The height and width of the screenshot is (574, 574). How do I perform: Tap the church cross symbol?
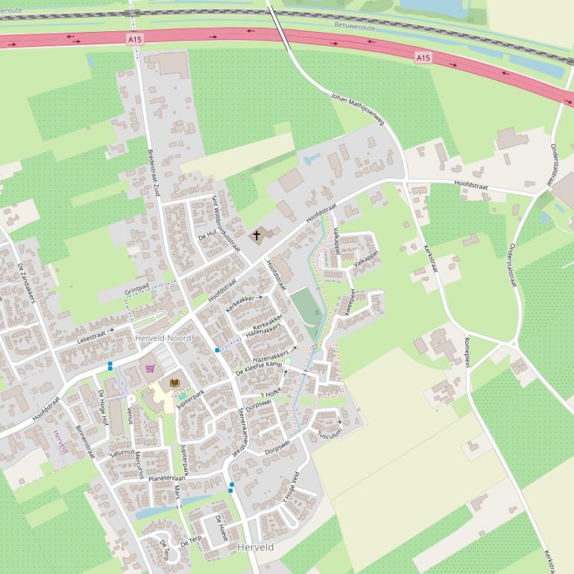[256, 236]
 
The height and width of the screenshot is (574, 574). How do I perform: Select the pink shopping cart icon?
[151, 368]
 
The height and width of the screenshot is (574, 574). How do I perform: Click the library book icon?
[174, 382]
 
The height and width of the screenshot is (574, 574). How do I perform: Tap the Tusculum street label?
[329, 434]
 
